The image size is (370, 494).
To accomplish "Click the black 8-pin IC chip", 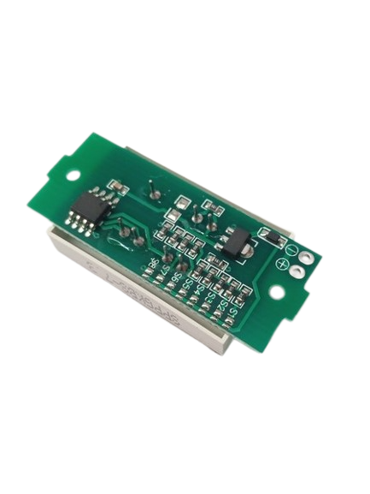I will [x=88, y=208].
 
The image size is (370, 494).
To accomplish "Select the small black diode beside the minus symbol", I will [x=269, y=234].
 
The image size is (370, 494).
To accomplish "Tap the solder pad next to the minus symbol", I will [x=305, y=259].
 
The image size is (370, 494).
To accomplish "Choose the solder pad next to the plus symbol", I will [x=297, y=273].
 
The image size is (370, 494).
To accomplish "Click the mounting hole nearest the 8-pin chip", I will [x=73, y=175].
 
